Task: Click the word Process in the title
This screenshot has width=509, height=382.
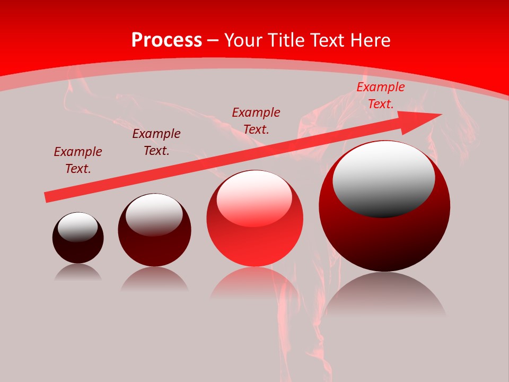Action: [166, 40]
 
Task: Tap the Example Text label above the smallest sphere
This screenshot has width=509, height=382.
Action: [78, 160]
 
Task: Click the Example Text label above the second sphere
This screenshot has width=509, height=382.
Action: [156, 142]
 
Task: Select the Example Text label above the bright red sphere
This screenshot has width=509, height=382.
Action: [256, 120]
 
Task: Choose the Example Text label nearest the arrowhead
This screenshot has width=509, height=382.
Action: [381, 95]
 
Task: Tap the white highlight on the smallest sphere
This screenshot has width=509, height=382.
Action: [77, 227]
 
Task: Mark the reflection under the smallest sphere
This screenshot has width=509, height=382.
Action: [78, 272]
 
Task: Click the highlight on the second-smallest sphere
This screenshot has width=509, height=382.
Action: [154, 214]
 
